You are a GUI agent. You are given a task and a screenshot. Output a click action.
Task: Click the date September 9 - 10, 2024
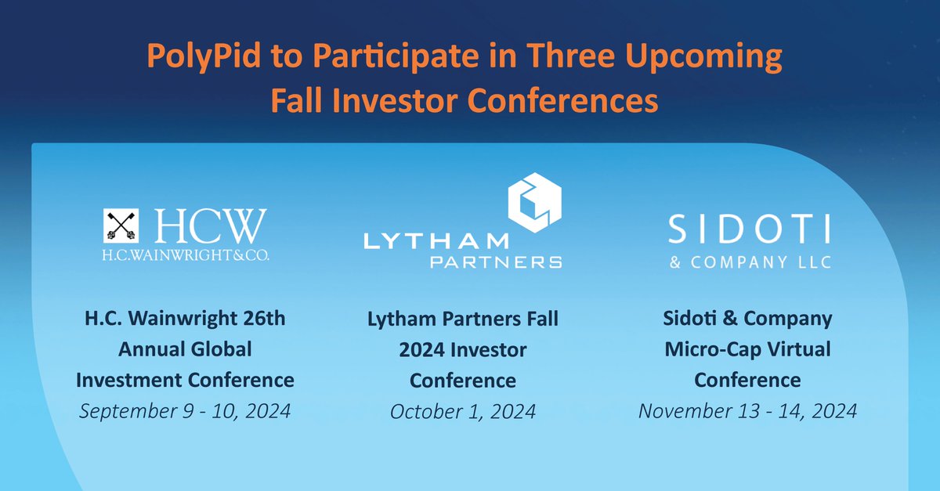click(185, 410)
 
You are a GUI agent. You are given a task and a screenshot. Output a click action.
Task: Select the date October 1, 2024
click(463, 411)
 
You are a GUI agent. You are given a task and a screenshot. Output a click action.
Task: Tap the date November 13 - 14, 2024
click(747, 410)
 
